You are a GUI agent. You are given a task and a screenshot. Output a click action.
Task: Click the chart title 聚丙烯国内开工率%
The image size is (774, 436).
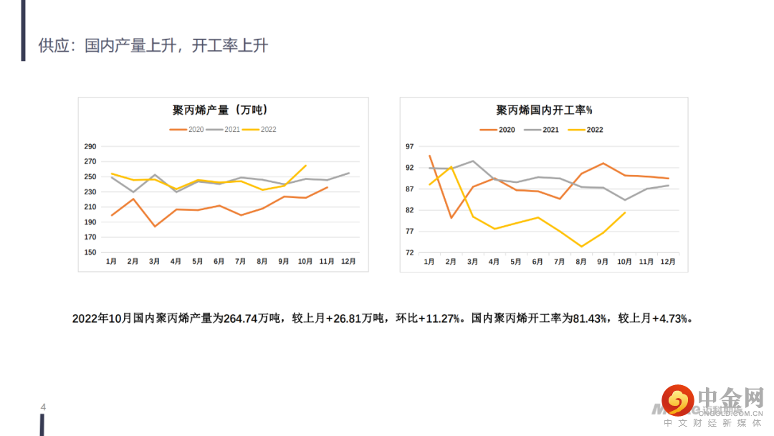(x=544, y=110)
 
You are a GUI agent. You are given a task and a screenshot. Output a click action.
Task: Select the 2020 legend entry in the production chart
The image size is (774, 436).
(x=188, y=130)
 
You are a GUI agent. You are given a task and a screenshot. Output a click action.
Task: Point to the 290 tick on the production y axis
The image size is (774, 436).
(x=90, y=146)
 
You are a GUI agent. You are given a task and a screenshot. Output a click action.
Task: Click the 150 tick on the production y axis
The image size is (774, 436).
(x=90, y=252)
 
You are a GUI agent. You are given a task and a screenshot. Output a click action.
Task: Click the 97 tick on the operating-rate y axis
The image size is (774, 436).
(x=410, y=147)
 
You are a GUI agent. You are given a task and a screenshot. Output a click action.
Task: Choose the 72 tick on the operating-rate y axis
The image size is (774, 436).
(x=410, y=252)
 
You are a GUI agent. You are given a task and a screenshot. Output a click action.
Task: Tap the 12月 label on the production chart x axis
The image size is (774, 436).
(x=348, y=262)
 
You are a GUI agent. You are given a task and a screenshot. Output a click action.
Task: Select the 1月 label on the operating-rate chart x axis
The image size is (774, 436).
(x=429, y=262)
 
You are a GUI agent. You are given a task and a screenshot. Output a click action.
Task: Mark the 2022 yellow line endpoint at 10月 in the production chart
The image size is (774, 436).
(x=306, y=166)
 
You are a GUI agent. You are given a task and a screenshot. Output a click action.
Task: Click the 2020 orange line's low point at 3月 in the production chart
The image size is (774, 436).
(x=155, y=227)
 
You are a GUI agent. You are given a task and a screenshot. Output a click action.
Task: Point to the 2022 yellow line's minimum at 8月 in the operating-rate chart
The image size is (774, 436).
(x=581, y=247)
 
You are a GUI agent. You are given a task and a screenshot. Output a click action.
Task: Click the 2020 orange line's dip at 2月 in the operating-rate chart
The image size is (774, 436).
(x=451, y=218)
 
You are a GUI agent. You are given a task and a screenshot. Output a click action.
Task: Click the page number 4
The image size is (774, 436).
(x=43, y=408)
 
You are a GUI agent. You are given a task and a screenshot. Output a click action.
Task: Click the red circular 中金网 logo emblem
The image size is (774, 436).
(x=677, y=401)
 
